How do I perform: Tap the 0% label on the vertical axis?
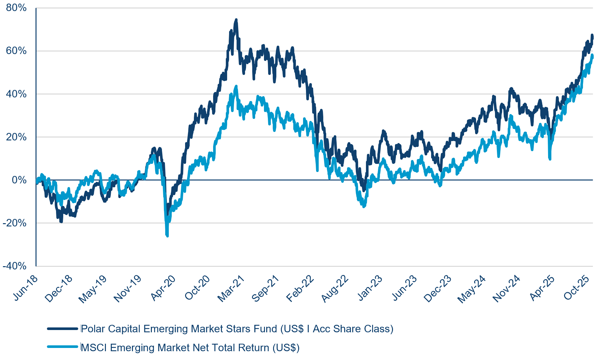(19, 180)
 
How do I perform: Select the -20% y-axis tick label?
(15, 223)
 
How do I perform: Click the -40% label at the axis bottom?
(15, 266)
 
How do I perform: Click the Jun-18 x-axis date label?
(26, 288)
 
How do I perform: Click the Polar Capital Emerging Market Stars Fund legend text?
(237, 329)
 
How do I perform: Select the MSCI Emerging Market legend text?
(190, 348)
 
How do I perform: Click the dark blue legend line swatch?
(63, 329)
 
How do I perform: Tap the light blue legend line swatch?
(63, 347)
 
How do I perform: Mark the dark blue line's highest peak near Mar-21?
(236, 20)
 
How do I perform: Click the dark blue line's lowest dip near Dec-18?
(61, 221)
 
